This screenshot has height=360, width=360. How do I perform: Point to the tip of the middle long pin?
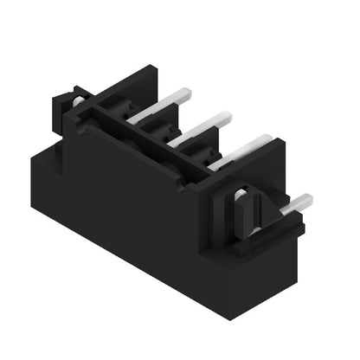[x=226, y=115]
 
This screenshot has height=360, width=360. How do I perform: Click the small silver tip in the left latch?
[x=78, y=100]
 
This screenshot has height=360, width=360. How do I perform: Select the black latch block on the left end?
[x=69, y=112]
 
